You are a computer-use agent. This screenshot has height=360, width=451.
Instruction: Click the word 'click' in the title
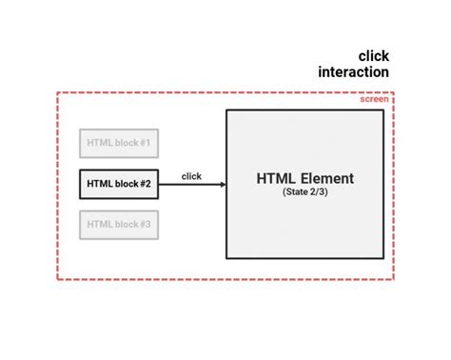pyautogui.click(x=373, y=56)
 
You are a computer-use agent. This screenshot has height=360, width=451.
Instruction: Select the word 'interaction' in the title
pyautogui.click(x=353, y=72)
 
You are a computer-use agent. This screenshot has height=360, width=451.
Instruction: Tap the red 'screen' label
pyautogui.click(x=374, y=99)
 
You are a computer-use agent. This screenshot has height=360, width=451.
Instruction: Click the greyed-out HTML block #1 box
pyautogui.click(x=119, y=144)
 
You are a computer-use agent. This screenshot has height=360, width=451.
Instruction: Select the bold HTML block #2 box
pyautogui.click(x=119, y=184)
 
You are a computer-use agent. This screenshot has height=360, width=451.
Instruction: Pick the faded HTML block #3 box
pyautogui.click(x=119, y=225)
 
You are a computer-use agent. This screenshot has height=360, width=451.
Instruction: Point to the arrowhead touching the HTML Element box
pyautogui.click(x=222, y=184)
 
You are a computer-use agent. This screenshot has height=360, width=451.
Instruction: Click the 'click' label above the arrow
pyautogui.click(x=191, y=175)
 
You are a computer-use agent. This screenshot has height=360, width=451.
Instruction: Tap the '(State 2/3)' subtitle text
pyautogui.click(x=304, y=192)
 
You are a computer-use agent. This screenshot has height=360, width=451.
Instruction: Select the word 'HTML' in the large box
pyautogui.click(x=274, y=178)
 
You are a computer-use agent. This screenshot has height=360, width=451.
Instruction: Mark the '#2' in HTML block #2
pyautogui.click(x=145, y=184)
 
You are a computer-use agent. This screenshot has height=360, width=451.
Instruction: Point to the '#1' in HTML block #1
pyautogui.click(x=145, y=144)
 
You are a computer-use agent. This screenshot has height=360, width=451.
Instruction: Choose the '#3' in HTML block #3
pyautogui.click(x=145, y=225)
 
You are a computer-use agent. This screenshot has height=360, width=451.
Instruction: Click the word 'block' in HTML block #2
pyautogui.click(x=124, y=184)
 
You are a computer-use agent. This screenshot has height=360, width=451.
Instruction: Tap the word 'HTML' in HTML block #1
pyautogui.click(x=99, y=144)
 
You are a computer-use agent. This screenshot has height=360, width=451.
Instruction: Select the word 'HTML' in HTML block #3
pyautogui.click(x=99, y=225)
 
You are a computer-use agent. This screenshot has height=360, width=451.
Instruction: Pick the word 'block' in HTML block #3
pyautogui.click(x=124, y=225)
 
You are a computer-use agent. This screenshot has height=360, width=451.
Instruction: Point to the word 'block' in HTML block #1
pyautogui.click(x=124, y=144)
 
